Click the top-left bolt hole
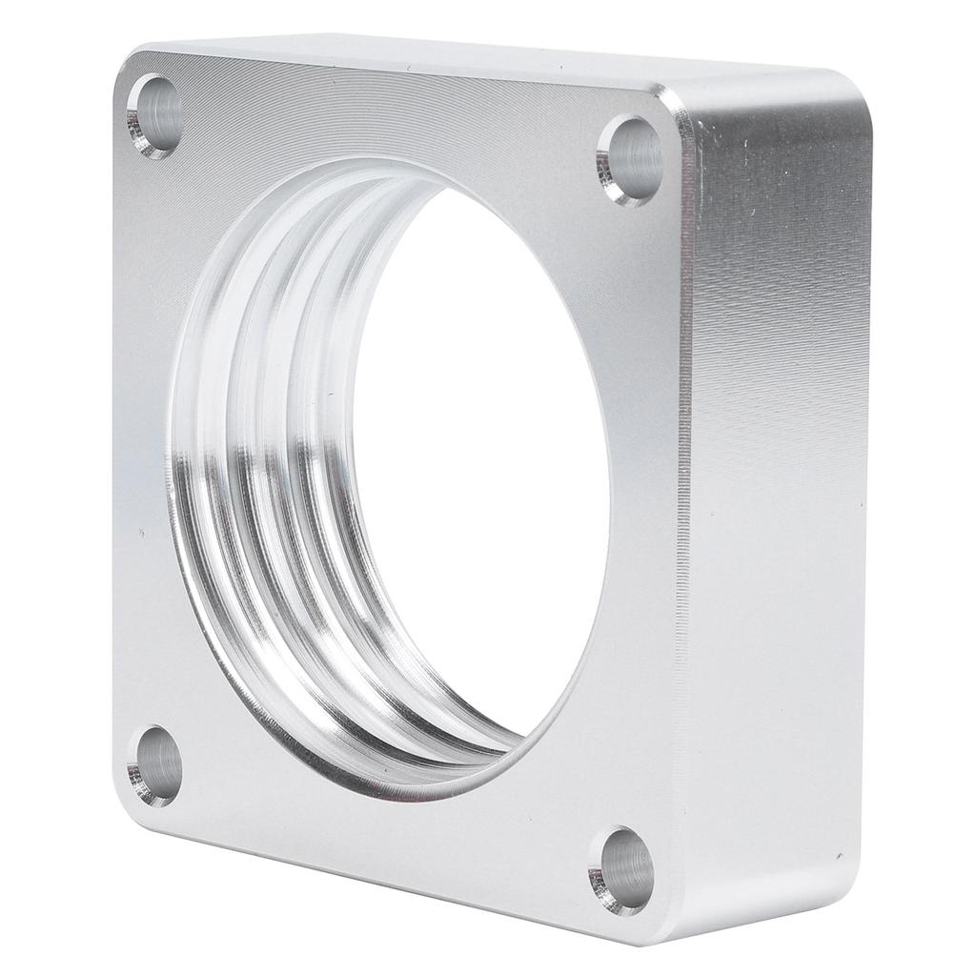click(154, 115)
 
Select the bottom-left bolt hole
click(154, 765)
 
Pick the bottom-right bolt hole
click(621, 870)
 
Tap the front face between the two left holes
click(143, 438)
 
